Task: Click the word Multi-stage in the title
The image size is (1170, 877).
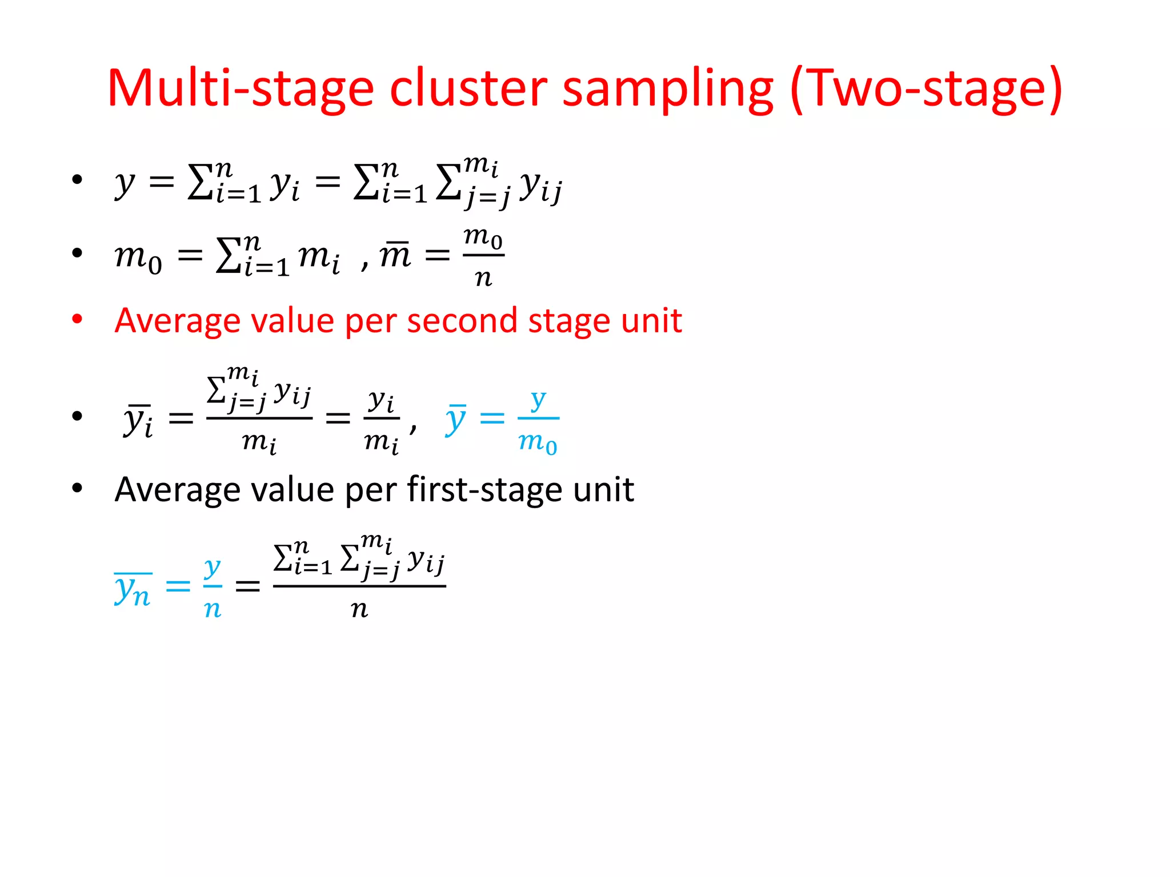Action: pos(240,88)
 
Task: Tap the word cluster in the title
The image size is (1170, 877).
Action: pos(468,88)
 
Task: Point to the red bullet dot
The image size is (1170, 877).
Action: pos(77,319)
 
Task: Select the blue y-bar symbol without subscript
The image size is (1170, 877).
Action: pos(456,420)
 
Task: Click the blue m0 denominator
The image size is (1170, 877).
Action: pos(538,442)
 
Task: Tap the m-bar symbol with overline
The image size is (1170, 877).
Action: pos(395,255)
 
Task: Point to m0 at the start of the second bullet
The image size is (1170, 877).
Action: pos(138,257)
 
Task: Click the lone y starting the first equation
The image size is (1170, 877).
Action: pos(125,184)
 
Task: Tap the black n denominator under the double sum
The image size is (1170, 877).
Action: pos(359,609)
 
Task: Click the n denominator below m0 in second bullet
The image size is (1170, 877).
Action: pos(483,278)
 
